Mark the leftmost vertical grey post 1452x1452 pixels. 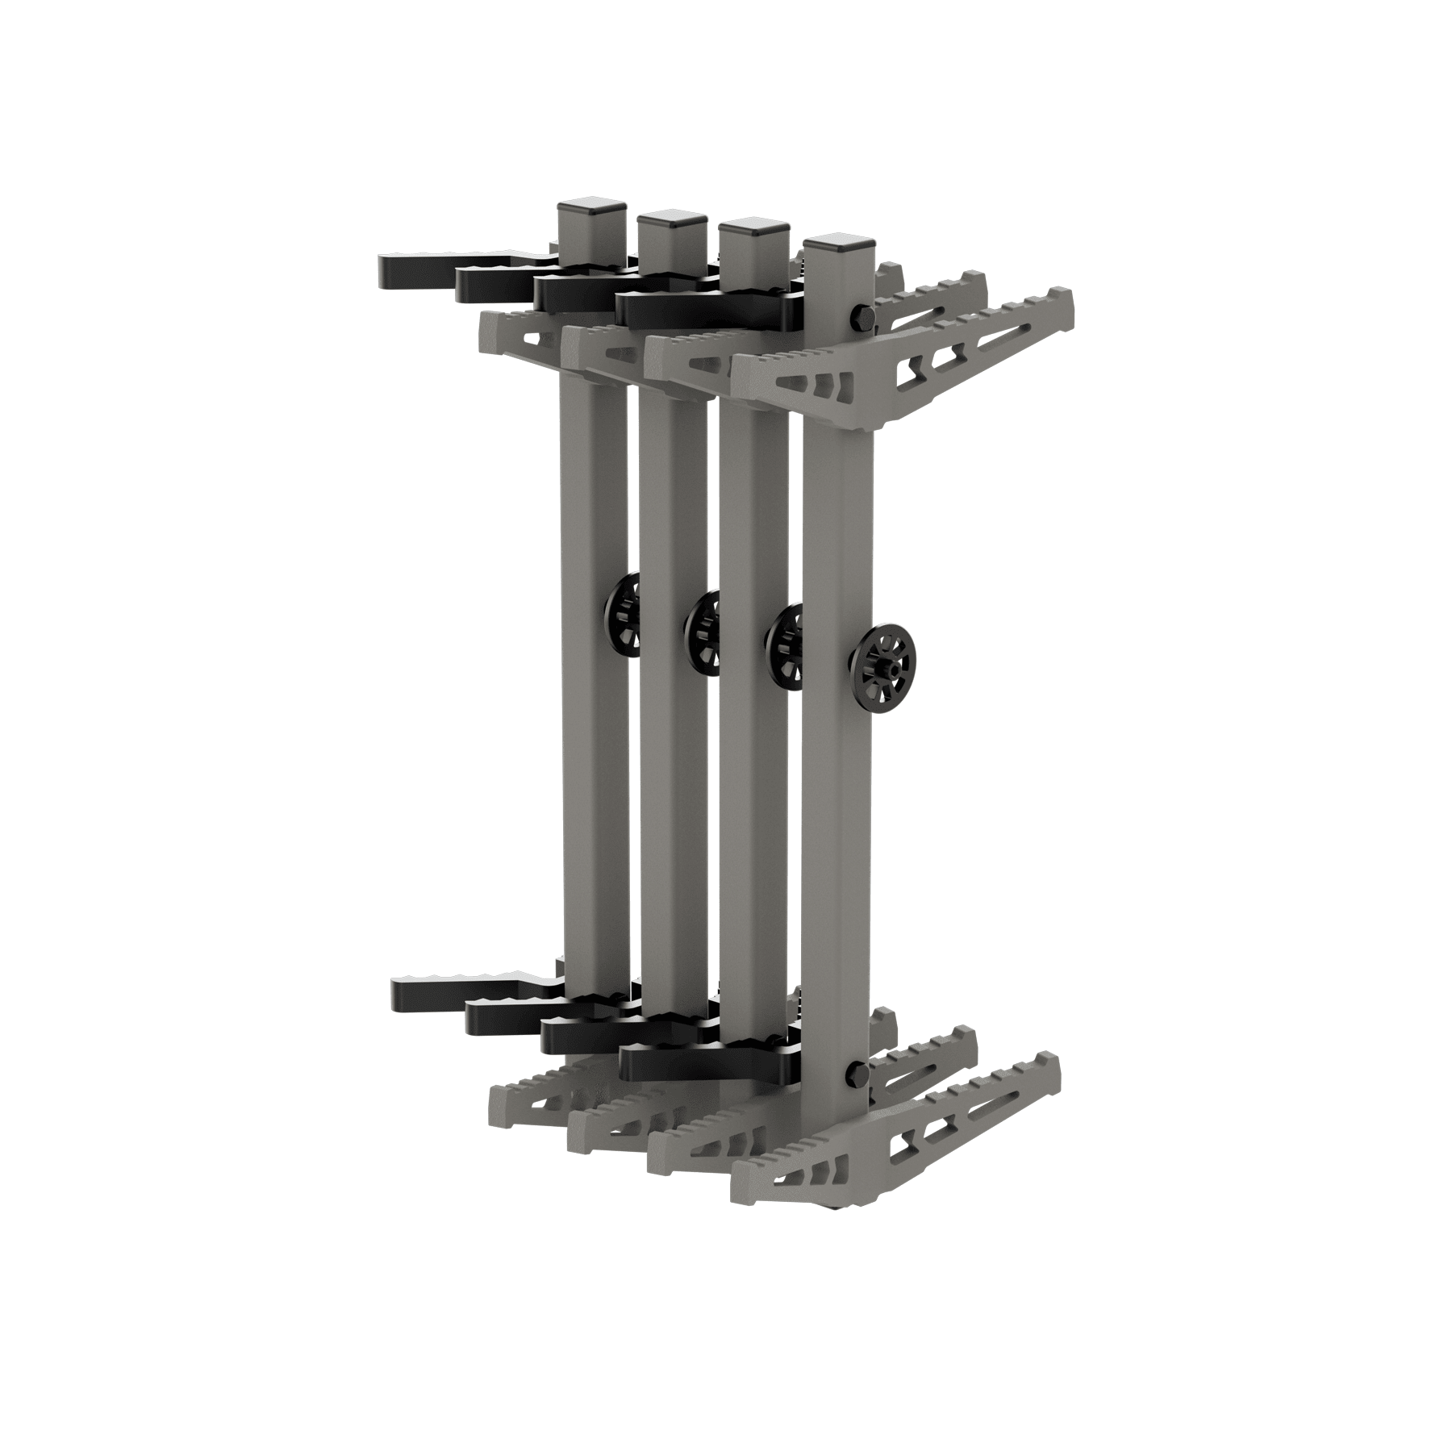point(594,766)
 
